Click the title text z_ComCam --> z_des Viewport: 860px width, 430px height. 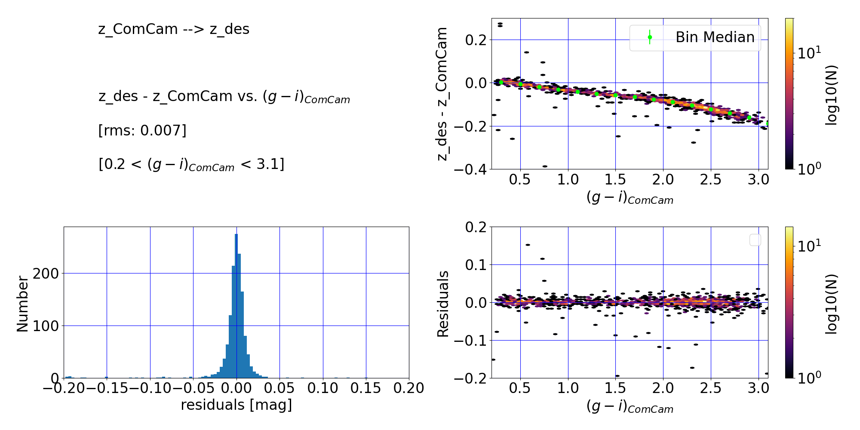[174, 29]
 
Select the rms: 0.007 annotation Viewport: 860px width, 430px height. [142, 130]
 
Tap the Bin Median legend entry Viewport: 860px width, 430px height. [695, 37]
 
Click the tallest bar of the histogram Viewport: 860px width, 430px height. [236, 306]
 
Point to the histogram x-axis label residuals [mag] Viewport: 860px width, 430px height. [236, 405]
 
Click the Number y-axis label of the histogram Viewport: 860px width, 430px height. [22, 304]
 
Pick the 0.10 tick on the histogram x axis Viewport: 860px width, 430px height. [323, 388]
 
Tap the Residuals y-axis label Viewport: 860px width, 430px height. [443, 304]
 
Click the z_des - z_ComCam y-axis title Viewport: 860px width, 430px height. [442, 94]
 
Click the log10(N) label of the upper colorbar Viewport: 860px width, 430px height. [832, 95]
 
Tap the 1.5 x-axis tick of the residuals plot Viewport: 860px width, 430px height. [615, 388]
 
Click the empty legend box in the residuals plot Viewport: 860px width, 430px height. [755, 240]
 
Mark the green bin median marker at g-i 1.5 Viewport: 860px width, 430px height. [615, 95]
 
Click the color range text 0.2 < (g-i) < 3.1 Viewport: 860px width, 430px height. [191, 164]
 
